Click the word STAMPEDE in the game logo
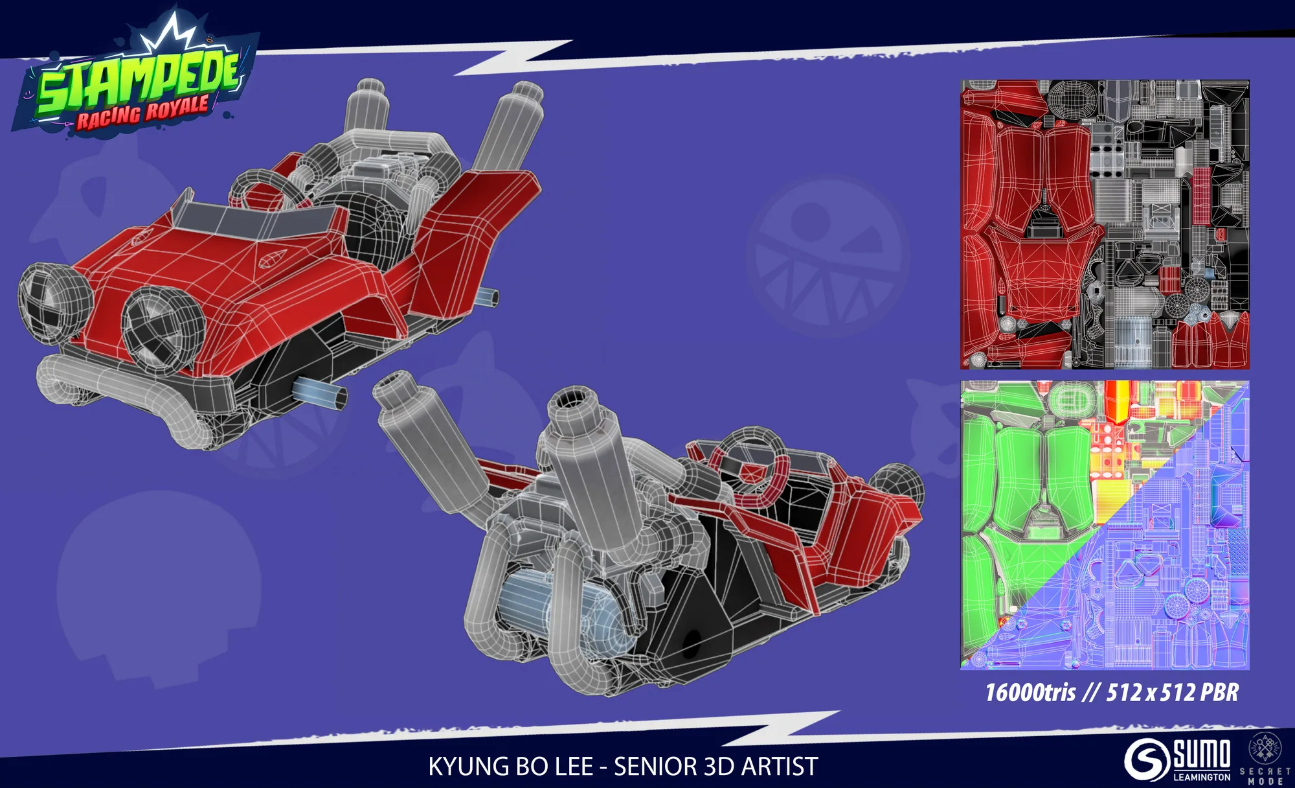pyautogui.click(x=138, y=81)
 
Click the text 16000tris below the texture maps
pyautogui.click(x=1030, y=693)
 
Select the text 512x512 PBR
pyautogui.click(x=1172, y=693)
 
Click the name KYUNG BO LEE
pyautogui.click(x=510, y=767)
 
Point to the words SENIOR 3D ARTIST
pyautogui.click(x=715, y=767)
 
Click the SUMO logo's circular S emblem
pyautogui.click(x=1147, y=759)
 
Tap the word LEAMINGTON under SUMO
pyautogui.click(x=1202, y=776)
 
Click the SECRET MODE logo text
pyautogui.click(x=1265, y=776)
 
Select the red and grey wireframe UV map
pyautogui.click(x=1105, y=225)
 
